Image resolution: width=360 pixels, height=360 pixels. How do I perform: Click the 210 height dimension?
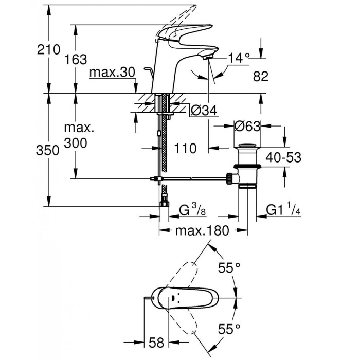click(x=48, y=49)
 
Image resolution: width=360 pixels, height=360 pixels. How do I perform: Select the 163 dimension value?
click(x=76, y=60)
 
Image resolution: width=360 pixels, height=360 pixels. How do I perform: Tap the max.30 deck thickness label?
click(x=112, y=73)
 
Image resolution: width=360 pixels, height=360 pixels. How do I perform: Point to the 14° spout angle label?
click(x=239, y=58)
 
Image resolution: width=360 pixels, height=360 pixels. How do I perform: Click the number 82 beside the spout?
click(x=261, y=76)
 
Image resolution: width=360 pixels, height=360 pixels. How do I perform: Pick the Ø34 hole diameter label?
click(x=204, y=111)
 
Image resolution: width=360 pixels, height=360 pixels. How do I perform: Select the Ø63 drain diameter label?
click(x=247, y=127)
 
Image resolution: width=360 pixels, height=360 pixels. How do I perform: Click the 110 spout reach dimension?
click(x=185, y=148)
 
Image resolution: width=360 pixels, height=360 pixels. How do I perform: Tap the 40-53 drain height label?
click(x=283, y=157)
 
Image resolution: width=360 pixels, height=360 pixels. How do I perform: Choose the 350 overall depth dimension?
click(x=47, y=151)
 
